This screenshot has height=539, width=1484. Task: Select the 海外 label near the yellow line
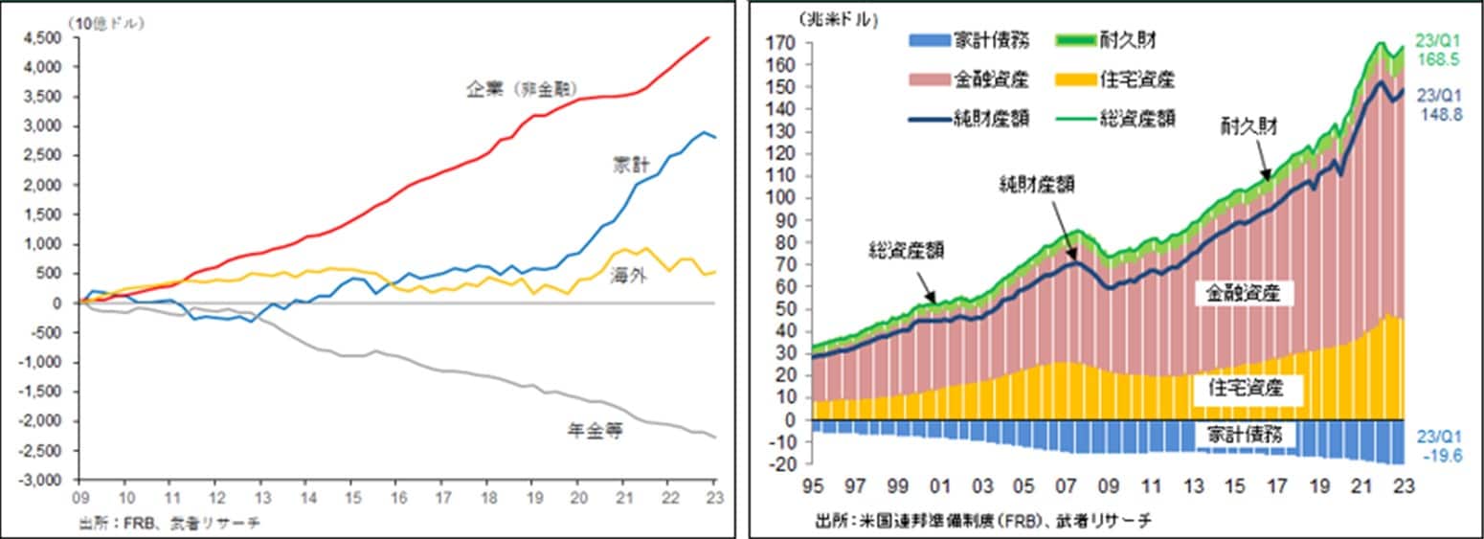[628, 277]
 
